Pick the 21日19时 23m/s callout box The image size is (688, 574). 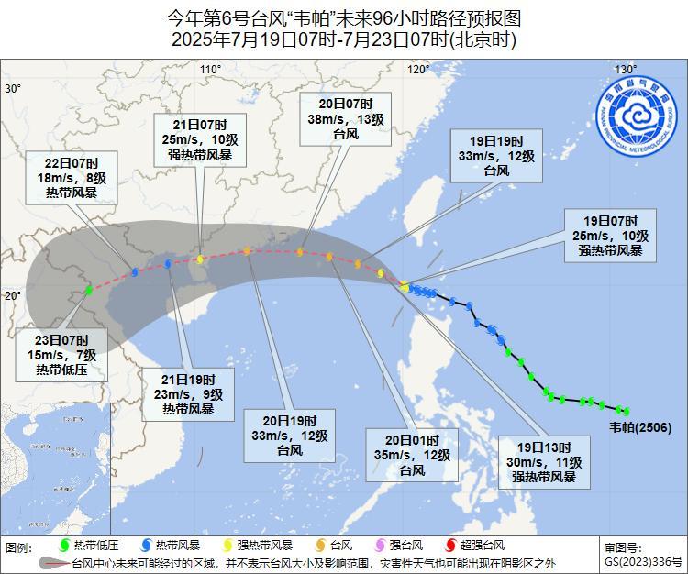[x=190, y=394]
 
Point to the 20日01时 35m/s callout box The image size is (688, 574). [x=412, y=455]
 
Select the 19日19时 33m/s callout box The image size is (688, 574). [x=495, y=156]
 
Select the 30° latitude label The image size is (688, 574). [x=13, y=89]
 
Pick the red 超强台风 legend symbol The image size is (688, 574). [x=451, y=545]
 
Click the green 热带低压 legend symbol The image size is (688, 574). [x=63, y=545]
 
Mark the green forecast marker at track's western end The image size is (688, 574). [x=89, y=290]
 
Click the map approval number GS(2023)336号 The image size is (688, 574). [x=643, y=561]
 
